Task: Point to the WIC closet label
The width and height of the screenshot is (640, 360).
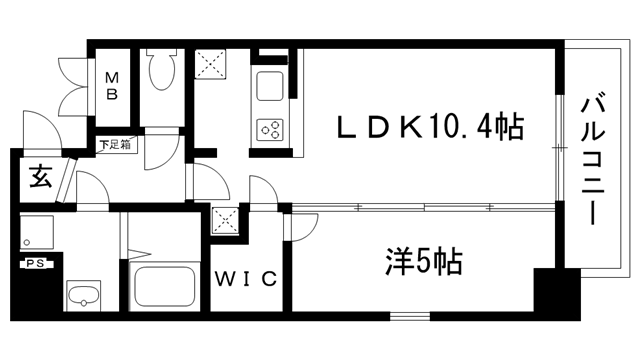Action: click(244, 279)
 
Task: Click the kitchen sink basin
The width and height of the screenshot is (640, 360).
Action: click(271, 86)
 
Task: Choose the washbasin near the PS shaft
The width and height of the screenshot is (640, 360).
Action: click(84, 296)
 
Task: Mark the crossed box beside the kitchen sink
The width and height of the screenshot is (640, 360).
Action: click(211, 66)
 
